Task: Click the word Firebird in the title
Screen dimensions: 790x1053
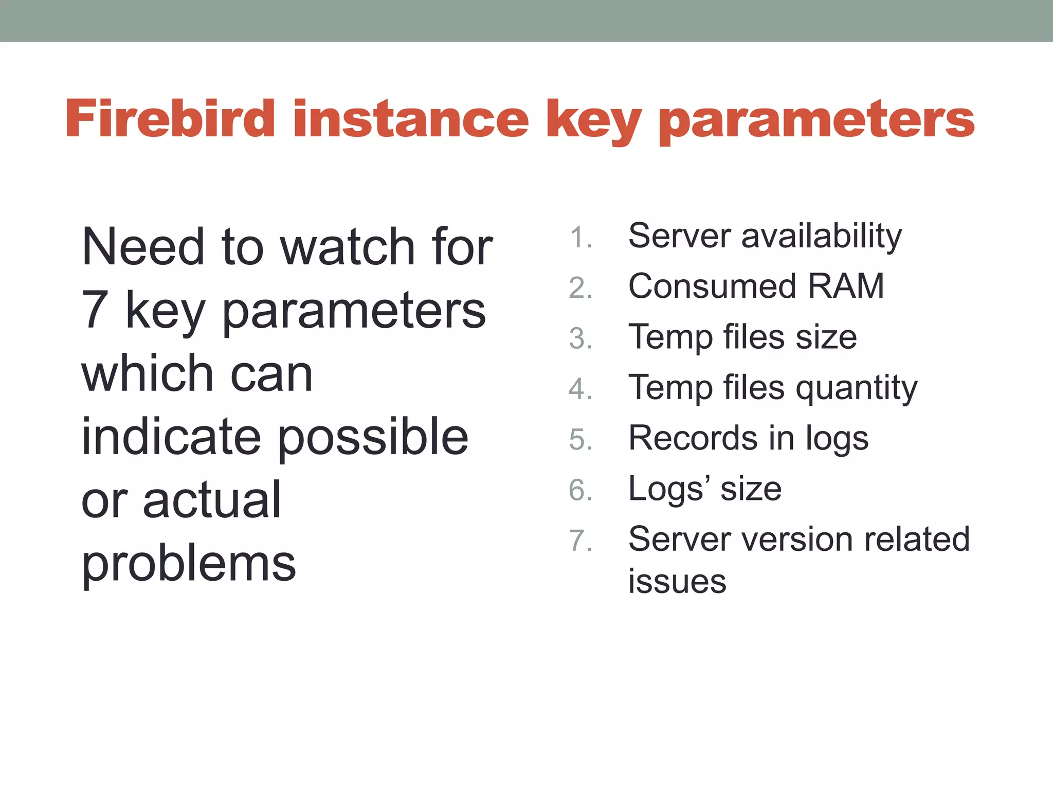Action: (x=170, y=119)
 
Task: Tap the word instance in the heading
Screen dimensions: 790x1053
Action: (x=411, y=119)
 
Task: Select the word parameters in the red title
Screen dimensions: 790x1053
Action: (x=816, y=121)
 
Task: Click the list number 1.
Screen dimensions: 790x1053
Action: (x=580, y=238)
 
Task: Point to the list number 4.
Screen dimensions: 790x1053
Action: (x=580, y=389)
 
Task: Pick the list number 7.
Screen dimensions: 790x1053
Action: (x=580, y=541)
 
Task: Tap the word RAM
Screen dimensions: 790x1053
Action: (x=846, y=286)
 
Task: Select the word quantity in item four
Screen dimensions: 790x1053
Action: (x=856, y=389)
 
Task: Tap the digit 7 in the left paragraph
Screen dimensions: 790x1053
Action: (x=95, y=310)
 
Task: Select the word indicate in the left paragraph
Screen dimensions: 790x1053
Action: (x=171, y=437)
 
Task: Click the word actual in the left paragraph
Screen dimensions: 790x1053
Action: (x=211, y=500)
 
